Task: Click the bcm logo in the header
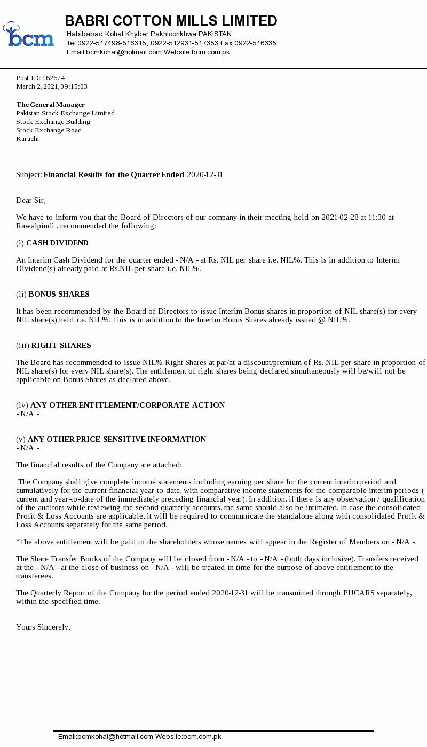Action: (x=28, y=35)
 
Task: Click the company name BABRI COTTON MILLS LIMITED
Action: (x=171, y=21)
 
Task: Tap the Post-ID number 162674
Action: (x=53, y=78)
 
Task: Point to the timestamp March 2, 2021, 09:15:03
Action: (x=52, y=86)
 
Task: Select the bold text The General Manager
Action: (x=50, y=105)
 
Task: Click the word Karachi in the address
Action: (x=28, y=139)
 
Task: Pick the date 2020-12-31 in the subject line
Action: (x=205, y=175)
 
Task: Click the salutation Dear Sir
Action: (x=31, y=201)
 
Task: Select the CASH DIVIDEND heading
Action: (x=57, y=243)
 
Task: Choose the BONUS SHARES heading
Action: (x=59, y=295)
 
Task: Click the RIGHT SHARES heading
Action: (x=61, y=346)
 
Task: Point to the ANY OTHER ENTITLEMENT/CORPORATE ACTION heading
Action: (x=127, y=406)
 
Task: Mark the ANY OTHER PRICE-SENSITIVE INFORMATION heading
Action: (x=116, y=440)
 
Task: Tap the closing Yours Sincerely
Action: (x=43, y=627)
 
